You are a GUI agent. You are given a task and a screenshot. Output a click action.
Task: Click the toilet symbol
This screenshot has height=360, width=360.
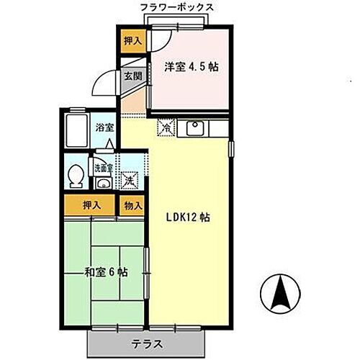pyautogui.click(x=75, y=176)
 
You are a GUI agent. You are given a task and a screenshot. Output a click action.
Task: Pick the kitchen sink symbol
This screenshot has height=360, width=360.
pyautogui.click(x=194, y=130)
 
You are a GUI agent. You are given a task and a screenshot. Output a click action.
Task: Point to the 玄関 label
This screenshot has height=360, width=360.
pyautogui.click(x=130, y=76)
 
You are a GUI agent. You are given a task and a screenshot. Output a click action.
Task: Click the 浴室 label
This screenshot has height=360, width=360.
pyautogui.click(x=105, y=127)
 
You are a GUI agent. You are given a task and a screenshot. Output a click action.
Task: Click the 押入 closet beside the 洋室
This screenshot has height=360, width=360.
pyautogui.click(x=130, y=42)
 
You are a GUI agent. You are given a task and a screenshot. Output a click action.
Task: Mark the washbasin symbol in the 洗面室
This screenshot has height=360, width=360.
pyautogui.click(x=104, y=183)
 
